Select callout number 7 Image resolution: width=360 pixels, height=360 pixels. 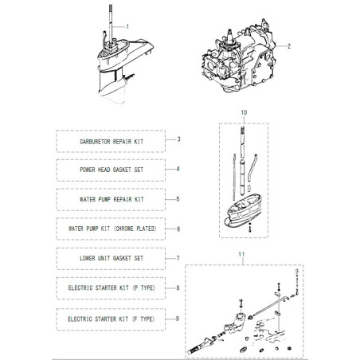pos(178,259)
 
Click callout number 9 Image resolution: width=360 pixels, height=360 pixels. pos(178,318)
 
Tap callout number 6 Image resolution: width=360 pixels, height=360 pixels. pos(178,229)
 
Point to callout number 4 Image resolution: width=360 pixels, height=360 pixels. pos(178,169)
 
